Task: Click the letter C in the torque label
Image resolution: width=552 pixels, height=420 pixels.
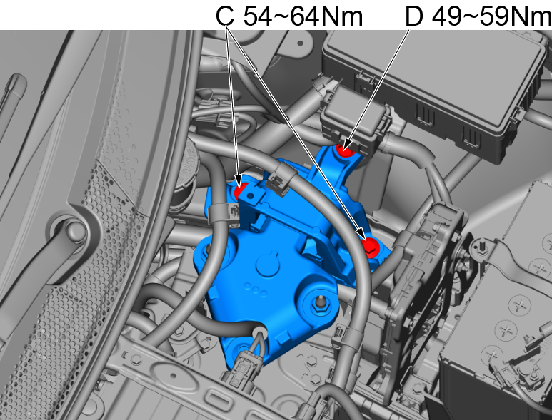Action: coord(226,16)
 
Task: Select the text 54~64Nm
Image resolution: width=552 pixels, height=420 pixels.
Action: coord(303,16)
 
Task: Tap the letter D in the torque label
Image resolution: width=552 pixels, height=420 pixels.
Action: coord(413,16)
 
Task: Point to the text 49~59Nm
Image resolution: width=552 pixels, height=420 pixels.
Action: coord(491,16)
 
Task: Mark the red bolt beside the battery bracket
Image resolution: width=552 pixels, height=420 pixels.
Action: coord(371,246)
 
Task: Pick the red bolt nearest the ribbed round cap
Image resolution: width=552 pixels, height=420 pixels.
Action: coord(241,190)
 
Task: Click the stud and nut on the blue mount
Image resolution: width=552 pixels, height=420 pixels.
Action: coord(320,304)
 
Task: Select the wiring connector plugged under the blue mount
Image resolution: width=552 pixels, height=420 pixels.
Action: coord(242,369)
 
